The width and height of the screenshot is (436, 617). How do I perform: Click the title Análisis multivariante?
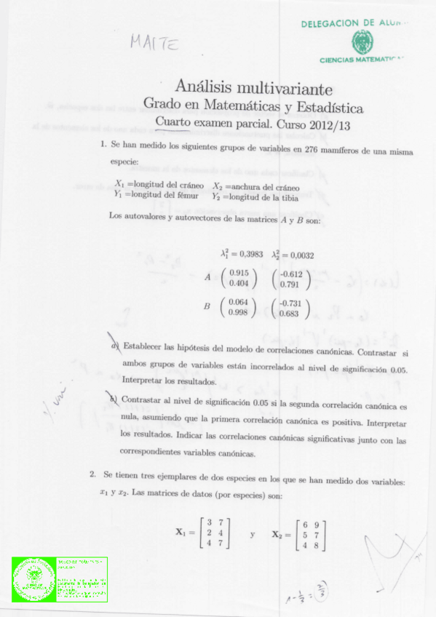tap(254, 88)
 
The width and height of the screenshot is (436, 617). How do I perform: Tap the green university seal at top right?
tap(360, 41)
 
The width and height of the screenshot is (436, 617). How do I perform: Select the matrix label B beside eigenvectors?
tap(207, 307)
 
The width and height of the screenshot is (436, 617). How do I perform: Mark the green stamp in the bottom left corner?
tap(60, 580)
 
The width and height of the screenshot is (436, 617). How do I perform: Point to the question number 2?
tap(93, 474)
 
